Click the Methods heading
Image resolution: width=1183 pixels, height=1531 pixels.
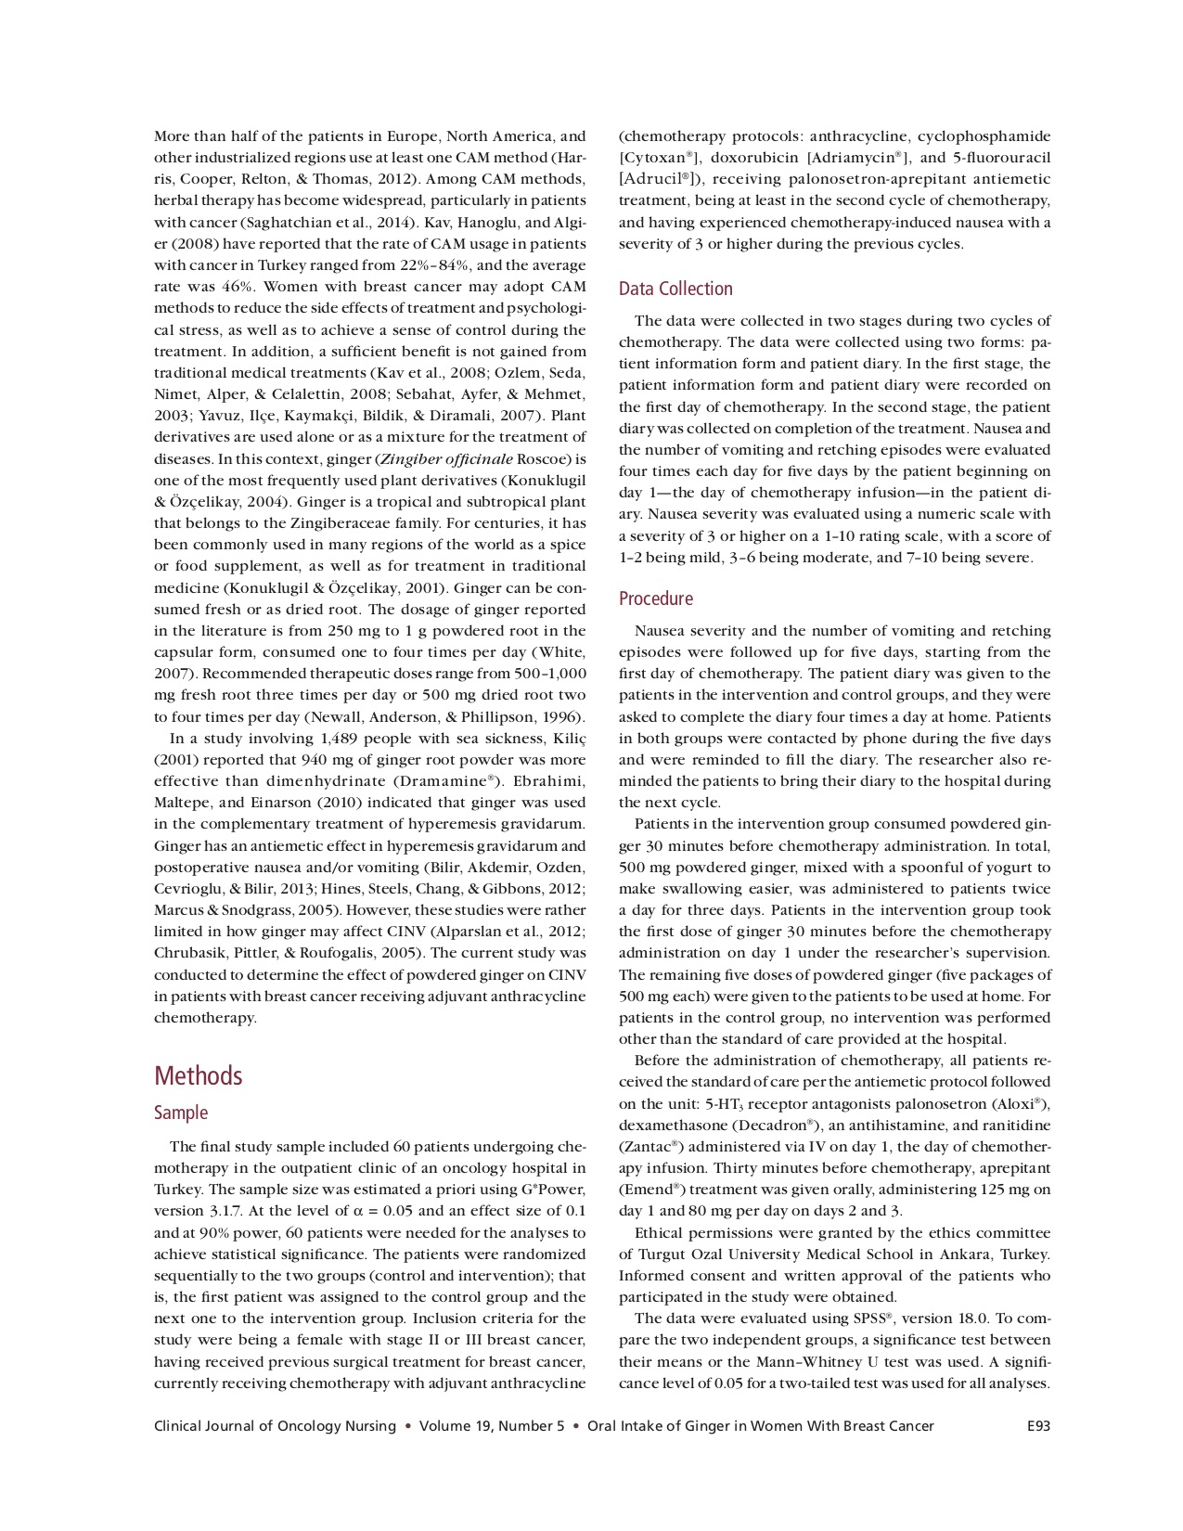pos(198,1075)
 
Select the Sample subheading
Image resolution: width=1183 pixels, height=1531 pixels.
pos(181,1113)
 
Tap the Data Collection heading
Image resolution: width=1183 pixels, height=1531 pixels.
pos(675,289)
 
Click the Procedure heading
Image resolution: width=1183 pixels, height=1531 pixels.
pos(656,598)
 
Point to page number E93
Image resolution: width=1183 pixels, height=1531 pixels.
pos(1038,1426)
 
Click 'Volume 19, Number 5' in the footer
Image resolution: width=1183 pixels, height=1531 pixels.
pos(492,1426)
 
